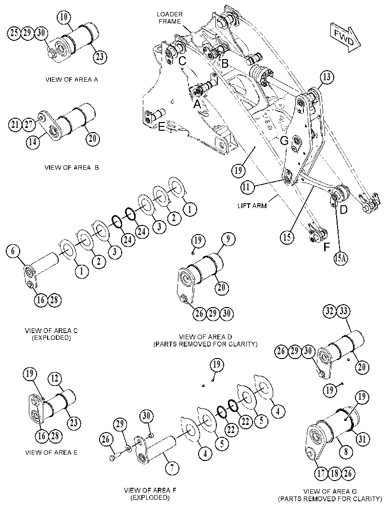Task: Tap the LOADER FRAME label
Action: pyautogui.click(x=169, y=18)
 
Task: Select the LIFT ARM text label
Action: pyautogui.click(x=252, y=206)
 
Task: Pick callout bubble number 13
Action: pyautogui.click(x=326, y=77)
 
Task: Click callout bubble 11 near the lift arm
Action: pyautogui.click(x=247, y=187)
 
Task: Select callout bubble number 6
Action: pyautogui.click(x=13, y=251)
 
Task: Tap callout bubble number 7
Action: pyautogui.click(x=172, y=468)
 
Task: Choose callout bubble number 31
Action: pyautogui.click(x=362, y=439)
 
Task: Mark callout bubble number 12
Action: pyautogui.click(x=55, y=379)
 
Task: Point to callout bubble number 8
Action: pyautogui.click(x=346, y=451)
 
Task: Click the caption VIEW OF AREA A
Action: pyautogui.click(x=72, y=79)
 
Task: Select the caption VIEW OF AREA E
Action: pyautogui.click(x=51, y=453)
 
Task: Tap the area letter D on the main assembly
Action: pyautogui.click(x=344, y=210)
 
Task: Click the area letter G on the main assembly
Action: pyautogui.click(x=284, y=141)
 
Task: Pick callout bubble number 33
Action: pyautogui.click(x=343, y=311)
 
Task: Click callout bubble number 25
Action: pyautogui.click(x=14, y=33)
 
